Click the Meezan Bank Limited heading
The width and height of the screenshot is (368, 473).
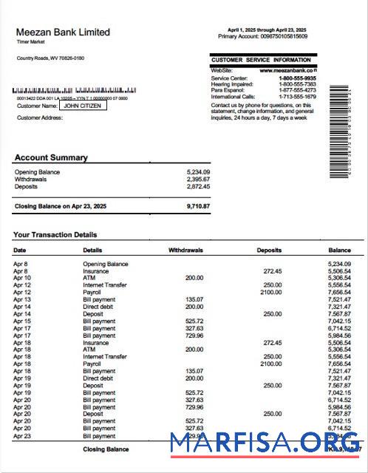click(x=63, y=33)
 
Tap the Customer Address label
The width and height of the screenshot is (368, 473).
click(x=40, y=117)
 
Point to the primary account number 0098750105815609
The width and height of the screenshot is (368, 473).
click(x=282, y=36)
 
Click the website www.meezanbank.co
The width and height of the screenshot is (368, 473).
click(x=287, y=70)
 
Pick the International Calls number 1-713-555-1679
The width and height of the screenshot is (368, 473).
click(x=297, y=97)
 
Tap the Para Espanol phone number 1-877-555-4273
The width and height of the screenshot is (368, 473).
click(x=297, y=91)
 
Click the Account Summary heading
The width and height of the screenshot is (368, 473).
click(x=51, y=157)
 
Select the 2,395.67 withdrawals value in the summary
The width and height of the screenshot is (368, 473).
click(x=198, y=179)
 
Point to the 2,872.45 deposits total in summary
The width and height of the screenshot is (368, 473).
click(x=198, y=186)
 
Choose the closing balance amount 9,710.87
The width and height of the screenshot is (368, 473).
click(x=198, y=206)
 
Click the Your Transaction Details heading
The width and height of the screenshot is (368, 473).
click(x=55, y=235)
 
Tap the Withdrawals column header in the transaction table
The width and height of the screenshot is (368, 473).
click(x=185, y=251)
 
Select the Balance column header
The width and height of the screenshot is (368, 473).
click(x=339, y=251)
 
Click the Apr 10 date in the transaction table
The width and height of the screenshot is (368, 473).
click(x=21, y=277)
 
